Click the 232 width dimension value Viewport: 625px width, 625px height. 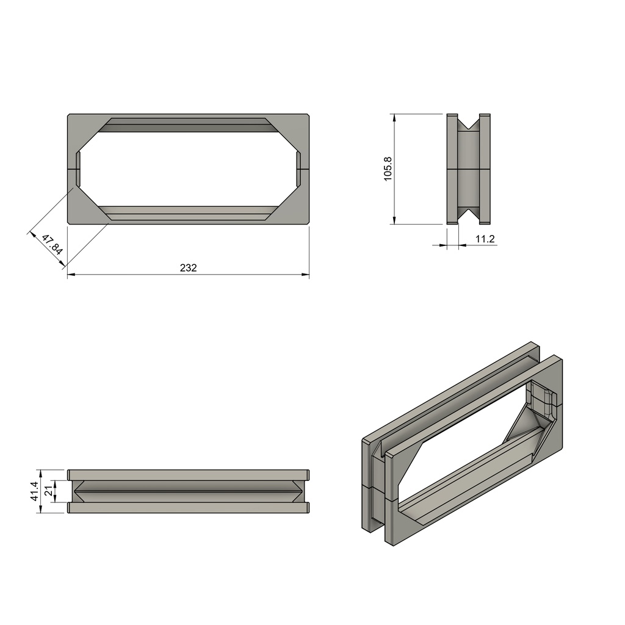[x=188, y=267]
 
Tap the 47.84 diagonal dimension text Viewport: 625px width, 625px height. [x=52, y=245]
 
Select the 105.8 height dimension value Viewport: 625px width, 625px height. [x=388, y=168]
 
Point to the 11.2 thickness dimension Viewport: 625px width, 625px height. [x=485, y=239]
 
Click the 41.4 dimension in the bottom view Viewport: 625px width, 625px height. [x=34, y=491]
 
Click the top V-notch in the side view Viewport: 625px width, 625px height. [x=468, y=123]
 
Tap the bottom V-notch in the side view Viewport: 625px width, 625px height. [x=468, y=215]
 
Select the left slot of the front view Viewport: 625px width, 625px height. [x=78, y=168]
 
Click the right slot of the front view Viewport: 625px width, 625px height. [x=298, y=168]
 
